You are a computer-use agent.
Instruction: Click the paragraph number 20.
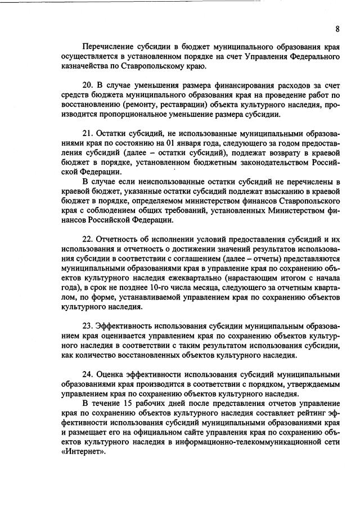87,86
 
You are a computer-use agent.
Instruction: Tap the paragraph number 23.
87,326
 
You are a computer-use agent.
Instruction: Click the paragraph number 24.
87,374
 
